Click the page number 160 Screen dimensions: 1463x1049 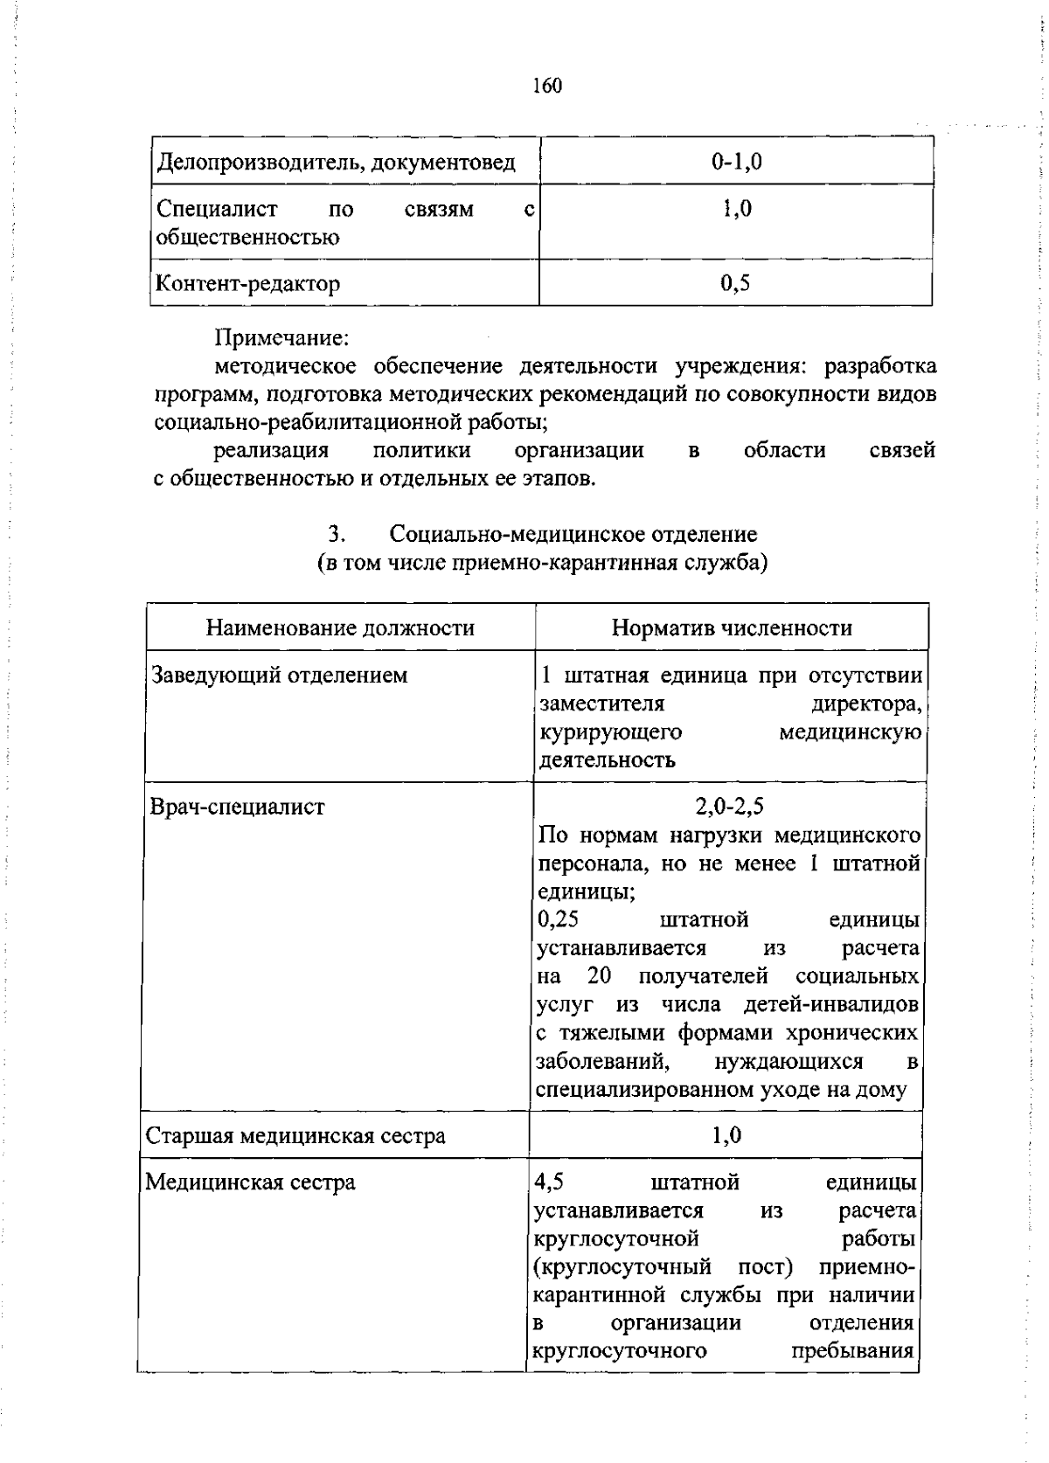[546, 86]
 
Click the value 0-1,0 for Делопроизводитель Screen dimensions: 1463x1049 [736, 162]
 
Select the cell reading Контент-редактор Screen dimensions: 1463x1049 [248, 283]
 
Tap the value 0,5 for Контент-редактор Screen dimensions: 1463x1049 [736, 283]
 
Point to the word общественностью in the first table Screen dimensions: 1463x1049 [247, 237]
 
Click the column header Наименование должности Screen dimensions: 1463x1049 [340, 627]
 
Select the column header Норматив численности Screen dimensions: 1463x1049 [732, 627]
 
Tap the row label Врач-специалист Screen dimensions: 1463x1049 [238, 806]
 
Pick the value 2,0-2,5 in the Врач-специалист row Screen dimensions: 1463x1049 [730, 806]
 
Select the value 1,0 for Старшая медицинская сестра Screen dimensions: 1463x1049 [726, 1135]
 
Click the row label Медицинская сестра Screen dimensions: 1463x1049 [250, 1182]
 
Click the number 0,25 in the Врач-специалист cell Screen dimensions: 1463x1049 [559, 919]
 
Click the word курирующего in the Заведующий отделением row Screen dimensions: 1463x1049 [610, 731]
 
